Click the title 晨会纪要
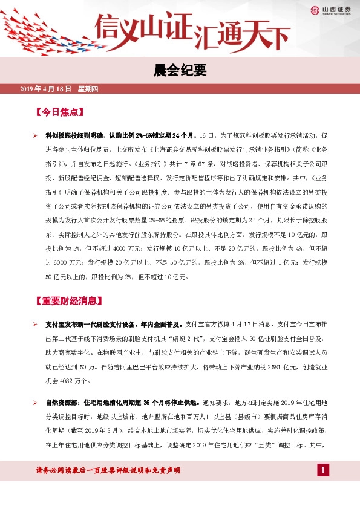coord(180,72)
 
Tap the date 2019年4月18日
coord(46,89)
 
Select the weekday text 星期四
coord(92,89)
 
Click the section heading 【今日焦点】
coord(59,113)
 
